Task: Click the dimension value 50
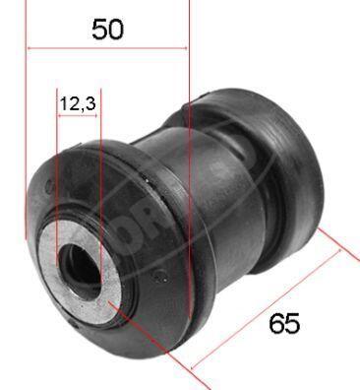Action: click(107, 29)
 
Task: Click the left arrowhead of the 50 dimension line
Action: click(30, 47)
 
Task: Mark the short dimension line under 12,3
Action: click(79, 116)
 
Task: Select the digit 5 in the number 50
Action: click(99, 29)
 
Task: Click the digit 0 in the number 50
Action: click(116, 29)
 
